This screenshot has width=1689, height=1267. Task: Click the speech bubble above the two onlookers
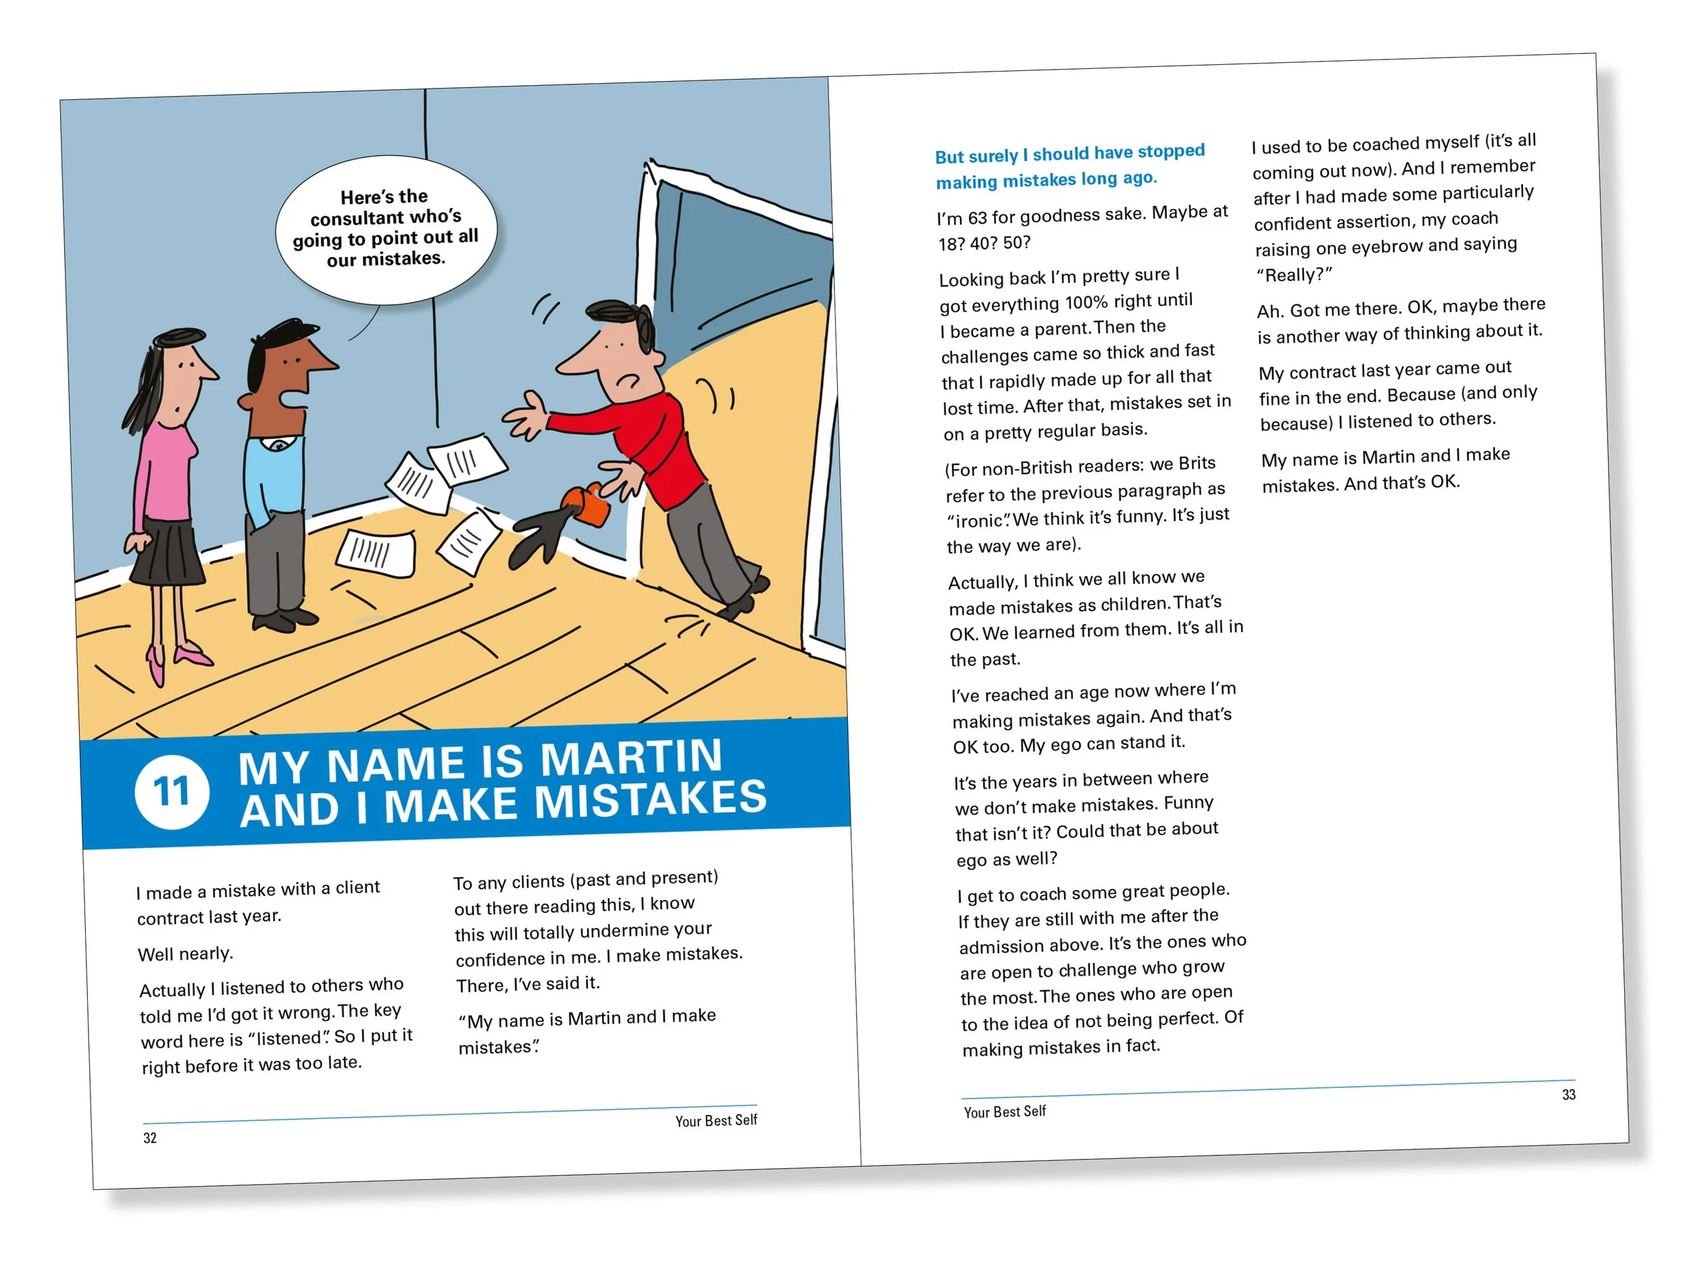pyautogui.click(x=386, y=229)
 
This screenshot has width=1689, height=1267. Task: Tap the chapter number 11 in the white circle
pyautogui.click(x=172, y=791)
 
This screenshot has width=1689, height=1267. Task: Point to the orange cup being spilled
pyautogui.click(x=586, y=504)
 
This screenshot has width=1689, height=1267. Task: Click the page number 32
pyautogui.click(x=150, y=1138)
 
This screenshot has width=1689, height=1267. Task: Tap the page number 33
pyautogui.click(x=1568, y=1095)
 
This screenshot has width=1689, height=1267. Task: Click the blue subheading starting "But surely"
pyautogui.click(x=1069, y=166)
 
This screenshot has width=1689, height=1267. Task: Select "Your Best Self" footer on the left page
pyautogui.click(x=716, y=1120)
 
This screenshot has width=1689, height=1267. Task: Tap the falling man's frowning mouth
pyautogui.click(x=628, y=380)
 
